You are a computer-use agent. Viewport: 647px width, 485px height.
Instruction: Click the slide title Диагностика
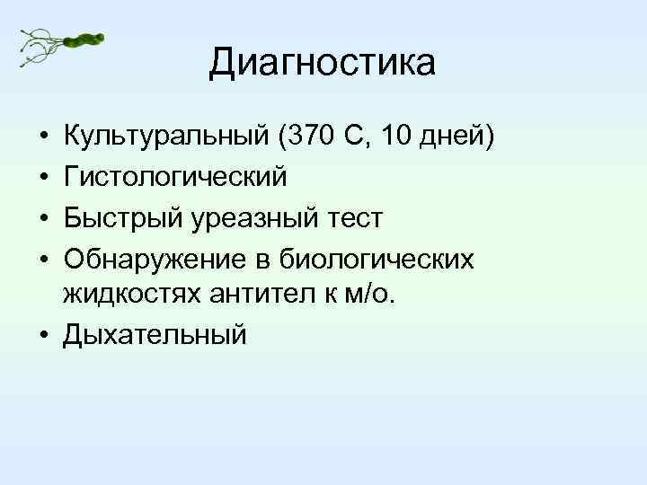click(x=323, y=64)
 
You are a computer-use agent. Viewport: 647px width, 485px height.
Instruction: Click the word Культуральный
click(x=165, y=139)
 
